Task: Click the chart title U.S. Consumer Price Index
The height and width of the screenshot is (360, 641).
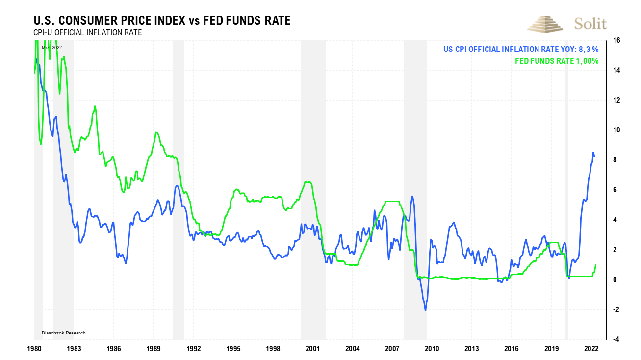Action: pos(162,21)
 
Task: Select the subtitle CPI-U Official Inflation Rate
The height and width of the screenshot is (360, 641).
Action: pos(88,33)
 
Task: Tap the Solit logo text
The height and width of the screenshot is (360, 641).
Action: pos(590,24)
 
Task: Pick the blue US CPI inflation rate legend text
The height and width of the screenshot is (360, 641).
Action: pos(521,49)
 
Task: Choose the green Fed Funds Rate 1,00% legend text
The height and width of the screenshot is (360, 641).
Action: pos(557,61)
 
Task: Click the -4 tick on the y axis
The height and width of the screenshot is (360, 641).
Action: pos(615,339)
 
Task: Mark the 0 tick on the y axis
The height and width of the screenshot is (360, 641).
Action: pos(615,280)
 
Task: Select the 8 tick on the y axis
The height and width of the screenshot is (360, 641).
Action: pos(615,160)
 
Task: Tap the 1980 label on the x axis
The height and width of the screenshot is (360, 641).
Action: pos(34,349)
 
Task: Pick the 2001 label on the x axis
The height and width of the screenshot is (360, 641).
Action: pos(312,349)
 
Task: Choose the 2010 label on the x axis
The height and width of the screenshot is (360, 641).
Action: pos(432,349)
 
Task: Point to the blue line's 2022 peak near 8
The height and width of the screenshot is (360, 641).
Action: pos(593,153)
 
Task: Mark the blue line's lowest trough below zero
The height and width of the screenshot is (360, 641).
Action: pos(425,310)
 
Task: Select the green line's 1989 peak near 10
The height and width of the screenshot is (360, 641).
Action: pos(156,132)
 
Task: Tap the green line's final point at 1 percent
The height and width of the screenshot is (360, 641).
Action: pos(595,265)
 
